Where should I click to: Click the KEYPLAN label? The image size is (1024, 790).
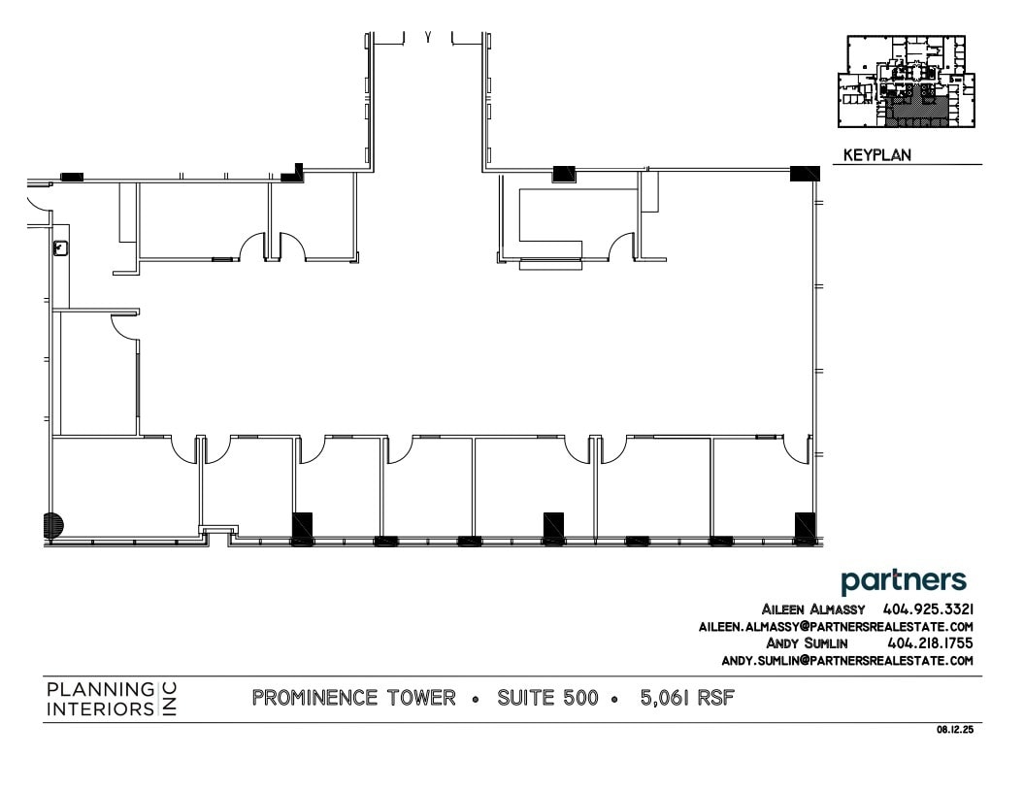(x=876, y=155)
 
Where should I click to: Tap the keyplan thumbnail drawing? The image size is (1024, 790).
(x=907, y=82)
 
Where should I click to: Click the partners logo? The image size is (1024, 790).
(x=904, y=581)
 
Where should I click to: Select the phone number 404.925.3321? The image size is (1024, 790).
(x=928, y=609)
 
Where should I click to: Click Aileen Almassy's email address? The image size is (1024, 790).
(x=836, y=627)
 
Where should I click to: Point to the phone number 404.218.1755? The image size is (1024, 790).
(x=930, y=642)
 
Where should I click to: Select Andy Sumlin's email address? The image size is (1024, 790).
(x=847, y=660)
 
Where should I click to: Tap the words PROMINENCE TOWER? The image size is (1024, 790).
(x=353, y=698)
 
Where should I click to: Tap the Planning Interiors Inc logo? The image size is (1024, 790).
(x=112, y=699)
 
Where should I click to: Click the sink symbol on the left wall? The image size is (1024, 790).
(x=62, y=248)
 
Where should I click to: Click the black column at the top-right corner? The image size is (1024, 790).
(x=805, y=174)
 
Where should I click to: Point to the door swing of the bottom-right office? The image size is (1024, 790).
(x=797, y=449)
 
